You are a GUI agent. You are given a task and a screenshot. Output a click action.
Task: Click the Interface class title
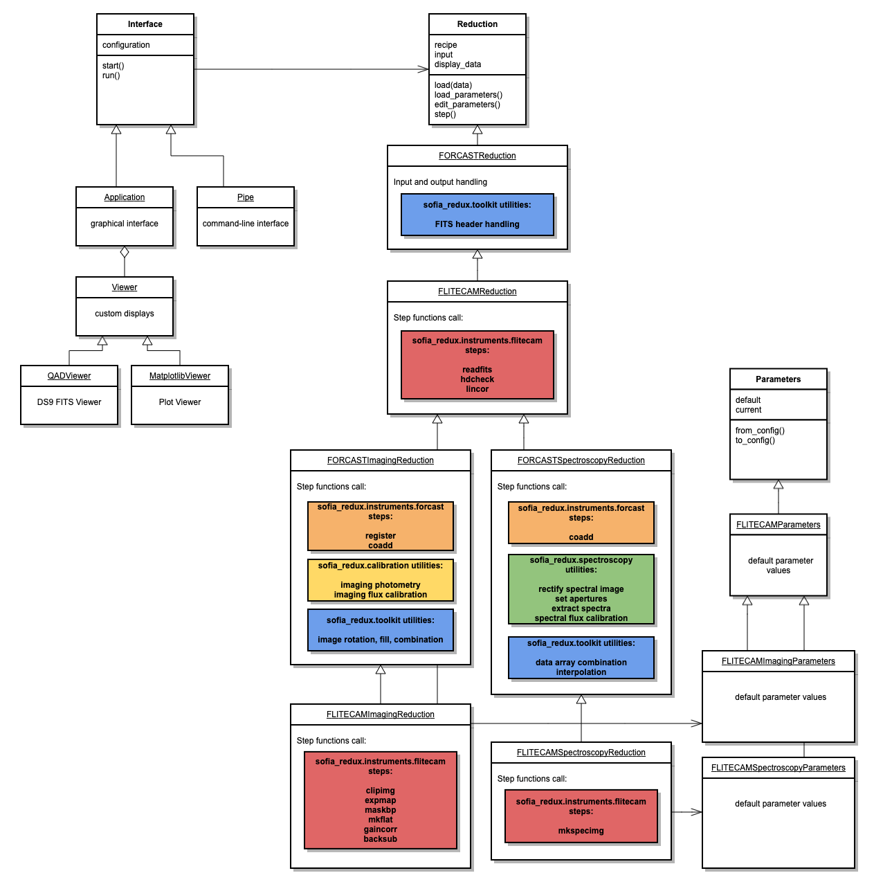[145, 24]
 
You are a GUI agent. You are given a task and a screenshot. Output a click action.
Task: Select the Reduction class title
[477, 24]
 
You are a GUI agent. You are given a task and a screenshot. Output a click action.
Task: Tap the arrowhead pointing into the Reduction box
[423, 69]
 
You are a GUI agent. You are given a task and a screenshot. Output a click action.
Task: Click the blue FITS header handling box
[477, 215]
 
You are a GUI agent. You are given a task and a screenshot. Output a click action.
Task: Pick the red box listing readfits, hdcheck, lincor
[477, 365]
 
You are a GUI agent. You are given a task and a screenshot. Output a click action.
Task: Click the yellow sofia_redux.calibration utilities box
[380, 580]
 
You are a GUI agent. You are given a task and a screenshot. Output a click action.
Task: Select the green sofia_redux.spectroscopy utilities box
[581, 589]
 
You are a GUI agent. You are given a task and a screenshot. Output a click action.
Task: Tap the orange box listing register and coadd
[380, 526]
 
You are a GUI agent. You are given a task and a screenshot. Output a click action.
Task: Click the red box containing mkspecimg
[581, 816]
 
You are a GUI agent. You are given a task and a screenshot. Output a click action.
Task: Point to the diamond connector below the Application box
[125, 252]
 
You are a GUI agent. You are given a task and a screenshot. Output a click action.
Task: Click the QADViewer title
[69, 376]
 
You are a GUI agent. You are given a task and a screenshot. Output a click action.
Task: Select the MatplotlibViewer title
[180, 376]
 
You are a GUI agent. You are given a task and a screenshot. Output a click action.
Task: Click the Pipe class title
[246, 197]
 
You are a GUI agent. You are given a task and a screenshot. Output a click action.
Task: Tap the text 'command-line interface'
[246, 224]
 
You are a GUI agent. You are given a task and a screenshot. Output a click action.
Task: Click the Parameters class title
[778, 379]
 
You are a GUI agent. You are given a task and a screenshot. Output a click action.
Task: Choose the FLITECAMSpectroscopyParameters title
[778, 768]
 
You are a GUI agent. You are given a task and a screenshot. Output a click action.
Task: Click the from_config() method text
[760, 431]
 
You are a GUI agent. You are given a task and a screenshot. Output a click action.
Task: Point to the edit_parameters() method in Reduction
[467, 105]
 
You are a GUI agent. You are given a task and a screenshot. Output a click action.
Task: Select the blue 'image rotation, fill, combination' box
[380, 630]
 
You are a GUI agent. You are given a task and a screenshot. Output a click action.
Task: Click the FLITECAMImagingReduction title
[380, 714]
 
